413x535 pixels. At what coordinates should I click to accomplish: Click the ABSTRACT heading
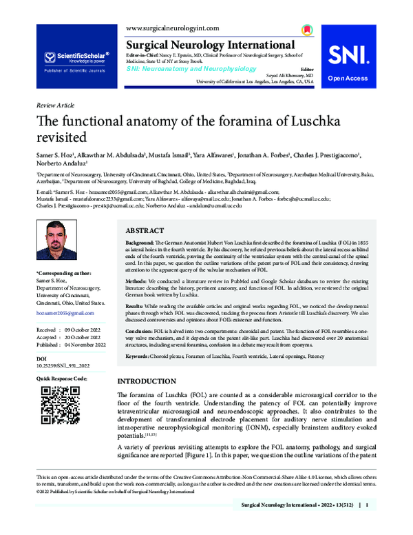point(145,231)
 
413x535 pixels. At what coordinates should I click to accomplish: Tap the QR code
point(57,405)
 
